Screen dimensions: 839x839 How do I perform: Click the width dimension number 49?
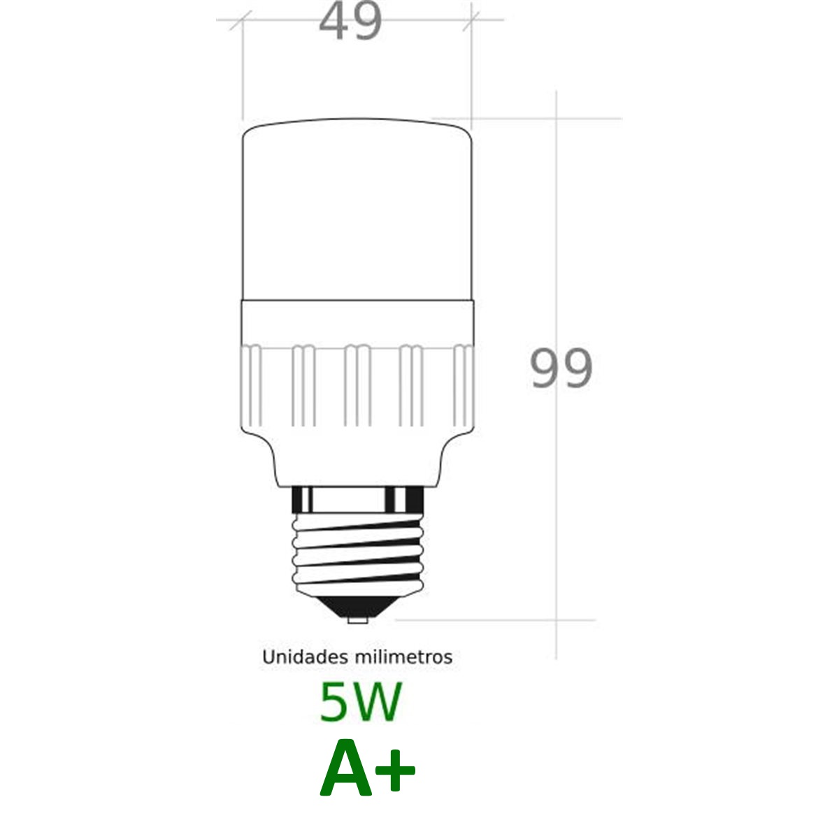pos(350,22)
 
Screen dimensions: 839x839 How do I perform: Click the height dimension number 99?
pos(561,369)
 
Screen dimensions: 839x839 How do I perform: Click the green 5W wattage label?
pos(360,702)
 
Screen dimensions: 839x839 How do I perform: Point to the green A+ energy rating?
pos(368,768)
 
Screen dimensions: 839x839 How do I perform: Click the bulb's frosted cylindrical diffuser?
pos(357,210)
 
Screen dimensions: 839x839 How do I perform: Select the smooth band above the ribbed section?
pos(357,321)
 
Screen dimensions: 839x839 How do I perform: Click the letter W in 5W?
pos(377,702)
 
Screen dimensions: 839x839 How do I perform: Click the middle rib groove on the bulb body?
pos(358,385)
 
